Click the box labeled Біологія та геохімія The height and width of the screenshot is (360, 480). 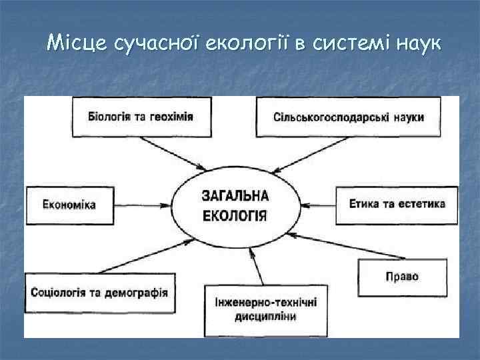coord(141,117)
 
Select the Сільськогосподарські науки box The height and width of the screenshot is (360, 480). coord(348,117)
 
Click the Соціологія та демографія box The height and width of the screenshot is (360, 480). coord(99,293)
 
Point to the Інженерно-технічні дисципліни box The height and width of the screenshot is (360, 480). coord(265,309)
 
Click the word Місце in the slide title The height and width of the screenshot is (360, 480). coord(78,44)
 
